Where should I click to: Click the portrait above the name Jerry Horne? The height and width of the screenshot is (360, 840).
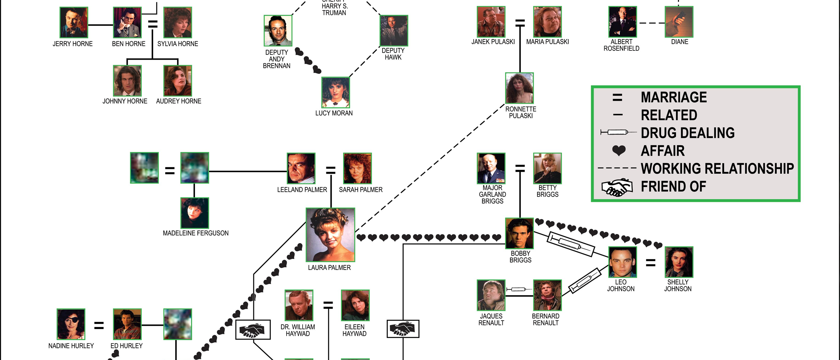pos(74,22)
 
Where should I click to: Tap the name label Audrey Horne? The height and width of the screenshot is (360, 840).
pos(179,101)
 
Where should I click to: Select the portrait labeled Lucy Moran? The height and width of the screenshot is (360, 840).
pos(335,93)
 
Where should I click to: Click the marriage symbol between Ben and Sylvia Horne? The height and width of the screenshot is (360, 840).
pos(153,24)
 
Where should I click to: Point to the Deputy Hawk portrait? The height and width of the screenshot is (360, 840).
pos(394,31)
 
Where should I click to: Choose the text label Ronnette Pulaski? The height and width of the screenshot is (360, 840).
pos(521,112)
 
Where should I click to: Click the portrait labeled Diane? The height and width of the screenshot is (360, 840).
pos(679,22)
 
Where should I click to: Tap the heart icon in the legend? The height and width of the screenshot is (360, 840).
pos(619,151)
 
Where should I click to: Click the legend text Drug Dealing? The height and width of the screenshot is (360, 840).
pos(688,133)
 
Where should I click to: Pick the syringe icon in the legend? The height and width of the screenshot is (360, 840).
pos(618,132)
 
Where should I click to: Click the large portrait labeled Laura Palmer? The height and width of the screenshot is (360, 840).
pos(330,235)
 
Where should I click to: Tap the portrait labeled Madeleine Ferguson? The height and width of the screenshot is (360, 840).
pos(195,213)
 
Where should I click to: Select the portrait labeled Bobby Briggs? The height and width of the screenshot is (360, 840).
pos(519,233)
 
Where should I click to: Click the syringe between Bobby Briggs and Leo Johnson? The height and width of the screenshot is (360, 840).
pos(571,244)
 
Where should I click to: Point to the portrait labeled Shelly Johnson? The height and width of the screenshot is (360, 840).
pos(679,262)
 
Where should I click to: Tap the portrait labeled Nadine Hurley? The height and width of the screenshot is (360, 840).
pos(71,324)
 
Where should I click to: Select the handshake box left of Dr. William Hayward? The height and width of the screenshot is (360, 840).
pos(253,330)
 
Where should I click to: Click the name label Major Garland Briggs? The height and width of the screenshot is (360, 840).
pos(492,194)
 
